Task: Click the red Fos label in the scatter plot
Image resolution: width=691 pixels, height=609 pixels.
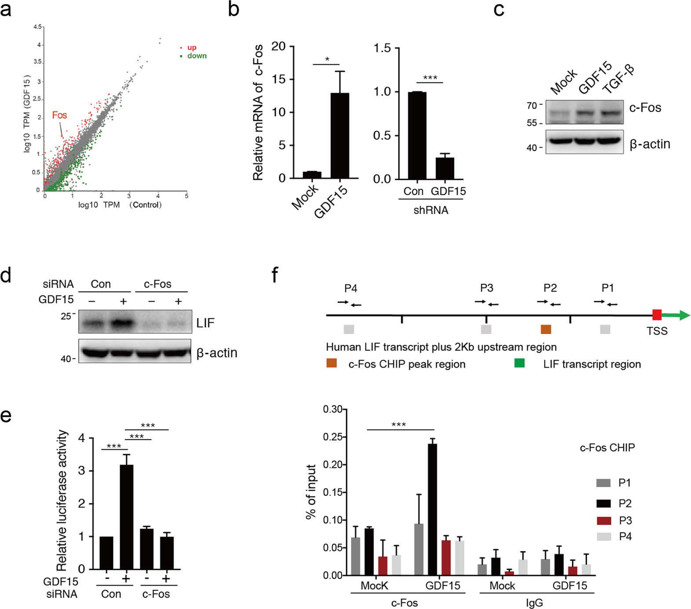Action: (59, 115)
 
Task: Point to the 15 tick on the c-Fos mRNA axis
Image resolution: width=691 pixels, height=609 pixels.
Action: (278, 79)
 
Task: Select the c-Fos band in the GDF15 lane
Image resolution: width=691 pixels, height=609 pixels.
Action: (585, 113)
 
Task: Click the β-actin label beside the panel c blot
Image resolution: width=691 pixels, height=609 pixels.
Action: (650, 144)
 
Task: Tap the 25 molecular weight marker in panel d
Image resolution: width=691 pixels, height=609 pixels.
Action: (66, 316)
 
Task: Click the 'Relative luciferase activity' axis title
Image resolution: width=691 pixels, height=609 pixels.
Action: (62, 500)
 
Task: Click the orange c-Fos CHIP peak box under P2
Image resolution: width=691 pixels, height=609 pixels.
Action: (546, 329)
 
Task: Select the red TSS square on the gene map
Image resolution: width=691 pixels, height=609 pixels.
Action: (657, 315)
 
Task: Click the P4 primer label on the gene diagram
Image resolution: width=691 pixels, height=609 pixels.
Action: (351, 288)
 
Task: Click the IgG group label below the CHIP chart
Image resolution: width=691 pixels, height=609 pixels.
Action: (534, 603)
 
